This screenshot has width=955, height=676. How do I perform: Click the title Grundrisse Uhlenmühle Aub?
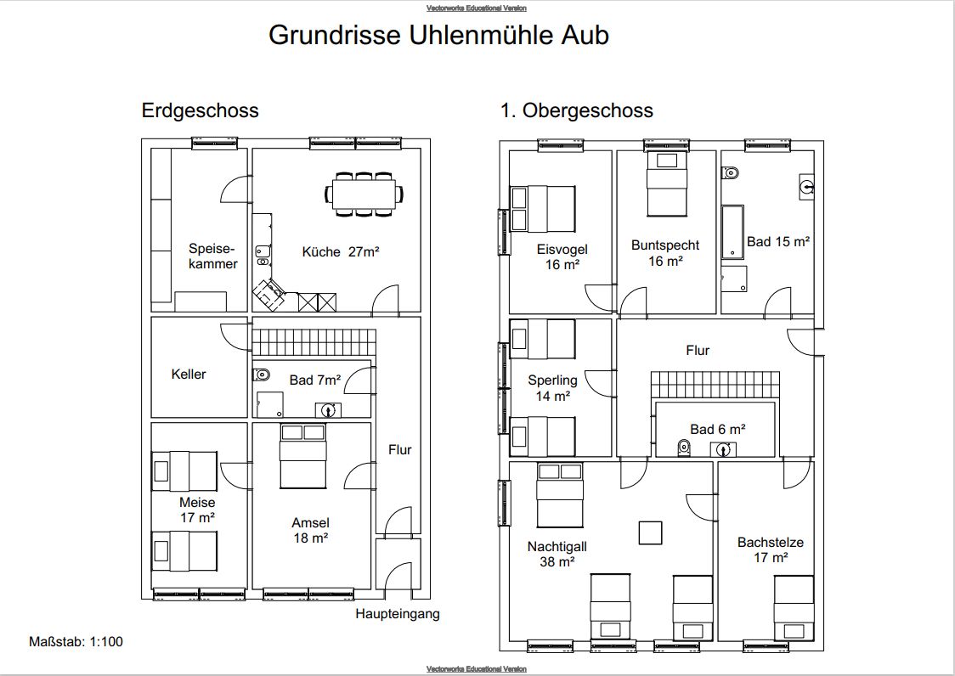click(x=438, y=36)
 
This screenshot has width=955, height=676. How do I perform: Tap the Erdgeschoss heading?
click(x=200, y=111)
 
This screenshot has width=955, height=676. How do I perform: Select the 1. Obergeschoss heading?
click(x=576, y=110)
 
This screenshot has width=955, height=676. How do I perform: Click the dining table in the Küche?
click(x=364, y=194)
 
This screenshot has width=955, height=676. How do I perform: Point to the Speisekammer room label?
click(x=212, y=256)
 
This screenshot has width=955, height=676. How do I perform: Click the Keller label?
click(x=189, y=374)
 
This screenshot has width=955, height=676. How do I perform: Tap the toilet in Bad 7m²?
click(x=262, y=374)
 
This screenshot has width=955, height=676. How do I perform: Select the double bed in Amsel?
click(x=302, y=456)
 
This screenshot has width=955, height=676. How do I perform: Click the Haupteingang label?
click(x=397, y=613)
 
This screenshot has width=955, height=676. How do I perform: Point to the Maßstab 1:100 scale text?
click(x=76, y=641)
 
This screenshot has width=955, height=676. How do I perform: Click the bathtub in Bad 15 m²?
click(x=732, y=232)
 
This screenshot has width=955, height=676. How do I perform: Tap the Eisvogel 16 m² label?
click(x=562, y=256)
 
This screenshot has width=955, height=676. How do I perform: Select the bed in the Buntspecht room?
click(x=666, y=183)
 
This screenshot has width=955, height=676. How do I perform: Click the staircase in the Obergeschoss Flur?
click(x=715, y=386)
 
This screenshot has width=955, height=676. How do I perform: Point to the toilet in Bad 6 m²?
click(x=684, y=448)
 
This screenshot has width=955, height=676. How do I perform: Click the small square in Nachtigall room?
click(x=650, y=532)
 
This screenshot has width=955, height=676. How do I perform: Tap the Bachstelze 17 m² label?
click(x=771, y=549)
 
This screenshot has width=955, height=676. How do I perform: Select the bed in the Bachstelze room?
click(x=794, y=607)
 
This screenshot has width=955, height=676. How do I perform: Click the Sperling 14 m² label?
click(x=552, y=388)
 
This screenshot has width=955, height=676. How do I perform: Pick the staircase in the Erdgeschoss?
click(x=314, y=343)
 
